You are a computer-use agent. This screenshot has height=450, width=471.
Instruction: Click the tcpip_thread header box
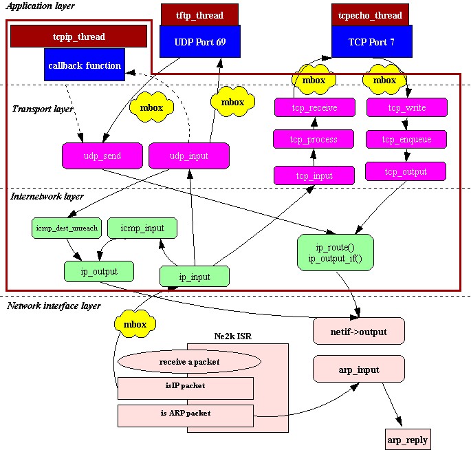pos(79,36)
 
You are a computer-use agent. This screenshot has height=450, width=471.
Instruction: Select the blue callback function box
pos(85,65)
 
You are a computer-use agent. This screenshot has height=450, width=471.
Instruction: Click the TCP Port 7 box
pos(372,41)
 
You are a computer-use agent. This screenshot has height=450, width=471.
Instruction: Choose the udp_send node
pos(102,156)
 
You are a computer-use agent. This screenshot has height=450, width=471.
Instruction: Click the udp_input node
pos(188,156)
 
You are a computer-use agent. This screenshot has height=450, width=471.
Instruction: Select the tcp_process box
pos(314,139)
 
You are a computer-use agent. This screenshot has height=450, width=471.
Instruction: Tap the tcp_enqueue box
pos(406,139)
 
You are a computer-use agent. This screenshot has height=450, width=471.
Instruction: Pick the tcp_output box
pos(406,171)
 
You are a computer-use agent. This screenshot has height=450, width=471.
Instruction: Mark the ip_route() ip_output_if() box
pos(335,252)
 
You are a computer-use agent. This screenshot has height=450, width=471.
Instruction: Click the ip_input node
pos(195,277)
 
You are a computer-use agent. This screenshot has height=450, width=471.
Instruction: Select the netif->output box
pos(358,332)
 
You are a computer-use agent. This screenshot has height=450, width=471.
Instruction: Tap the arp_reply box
pos(408,440)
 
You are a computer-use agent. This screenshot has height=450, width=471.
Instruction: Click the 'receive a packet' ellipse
pos(189,361)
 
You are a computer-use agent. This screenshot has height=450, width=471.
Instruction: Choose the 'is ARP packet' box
pos(186,414)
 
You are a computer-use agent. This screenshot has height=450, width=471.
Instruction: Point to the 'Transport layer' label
pos(43,109)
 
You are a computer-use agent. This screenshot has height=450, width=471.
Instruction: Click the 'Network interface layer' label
pos(54,306)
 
